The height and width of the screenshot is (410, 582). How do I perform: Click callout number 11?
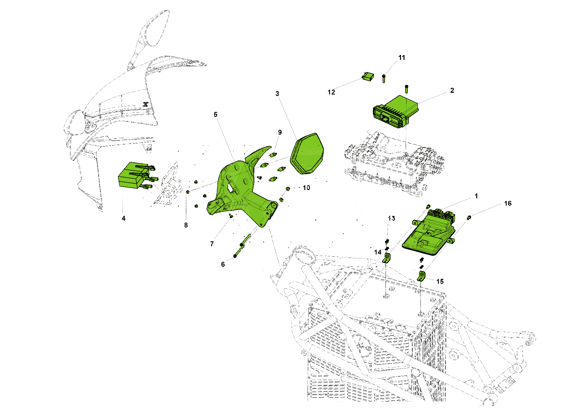click(402, 58)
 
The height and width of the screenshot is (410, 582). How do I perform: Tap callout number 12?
click(331, 92)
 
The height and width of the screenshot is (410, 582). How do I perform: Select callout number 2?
click(452, 90)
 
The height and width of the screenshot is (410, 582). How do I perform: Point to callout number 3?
click(277, 94)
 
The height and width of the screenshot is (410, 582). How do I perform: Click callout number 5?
click(215, 115)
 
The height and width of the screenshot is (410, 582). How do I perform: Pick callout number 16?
click(508, 204)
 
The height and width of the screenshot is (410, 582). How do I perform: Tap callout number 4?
click(123, 218)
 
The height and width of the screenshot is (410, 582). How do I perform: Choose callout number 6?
click(223, 264)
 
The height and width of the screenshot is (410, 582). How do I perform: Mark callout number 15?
click(440, 281)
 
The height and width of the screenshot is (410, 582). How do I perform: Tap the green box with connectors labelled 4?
click(132, 175)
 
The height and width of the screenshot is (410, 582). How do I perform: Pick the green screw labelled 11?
click(384, 79)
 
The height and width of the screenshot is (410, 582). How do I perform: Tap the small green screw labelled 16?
click(469, 218)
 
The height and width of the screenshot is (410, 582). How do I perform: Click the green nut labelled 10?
click(288, 189)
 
